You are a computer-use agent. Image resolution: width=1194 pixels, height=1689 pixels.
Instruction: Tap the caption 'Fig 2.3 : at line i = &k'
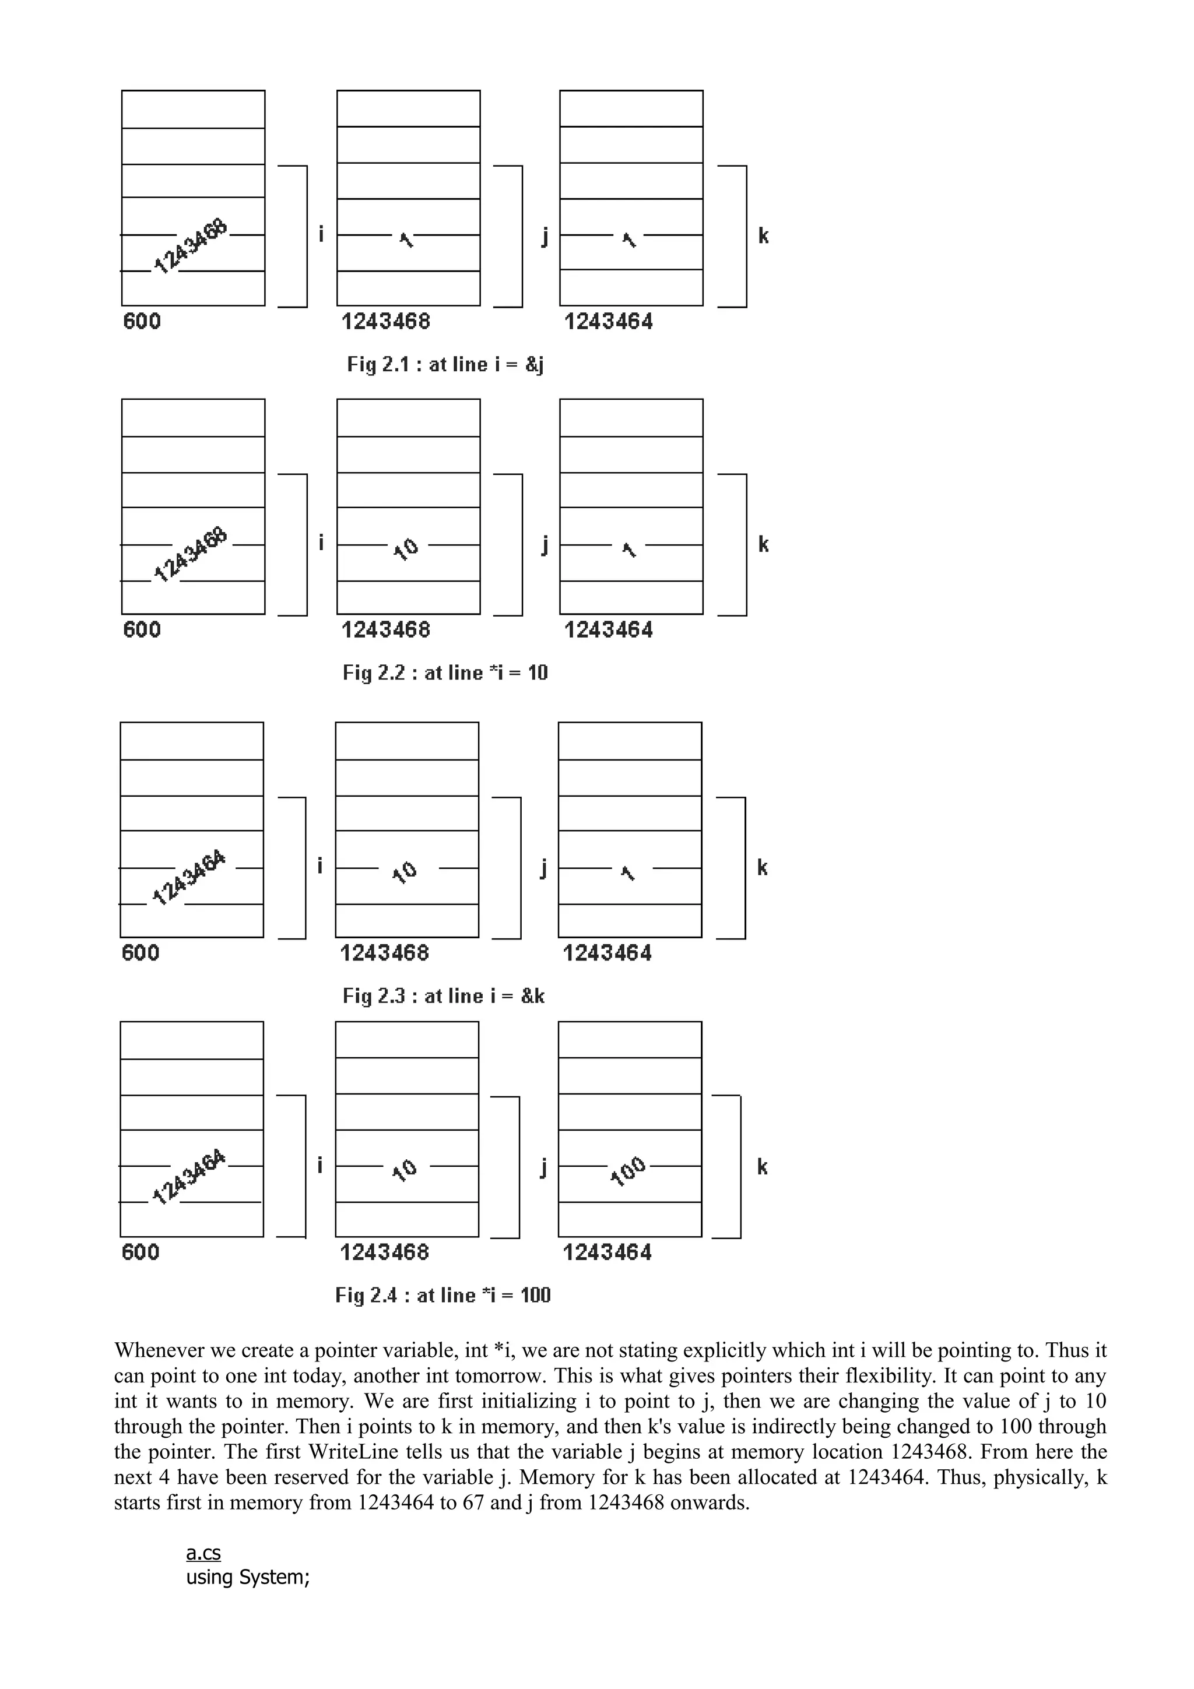point(444,996)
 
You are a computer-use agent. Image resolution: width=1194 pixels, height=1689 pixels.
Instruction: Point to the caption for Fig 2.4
point(443,1296)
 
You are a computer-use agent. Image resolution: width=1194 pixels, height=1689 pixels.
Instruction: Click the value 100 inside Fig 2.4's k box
point(628,1171)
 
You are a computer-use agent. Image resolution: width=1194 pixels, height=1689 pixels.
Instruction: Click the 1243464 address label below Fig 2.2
point(609,631)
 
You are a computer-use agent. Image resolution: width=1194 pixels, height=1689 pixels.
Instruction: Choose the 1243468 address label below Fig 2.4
point(384,1253)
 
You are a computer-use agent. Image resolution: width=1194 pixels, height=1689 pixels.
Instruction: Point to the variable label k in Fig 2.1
point(764,236)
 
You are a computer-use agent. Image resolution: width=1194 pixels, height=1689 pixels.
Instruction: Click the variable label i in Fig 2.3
point(320,867)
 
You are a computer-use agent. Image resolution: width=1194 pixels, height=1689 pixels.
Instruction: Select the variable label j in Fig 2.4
point(543,1167)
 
